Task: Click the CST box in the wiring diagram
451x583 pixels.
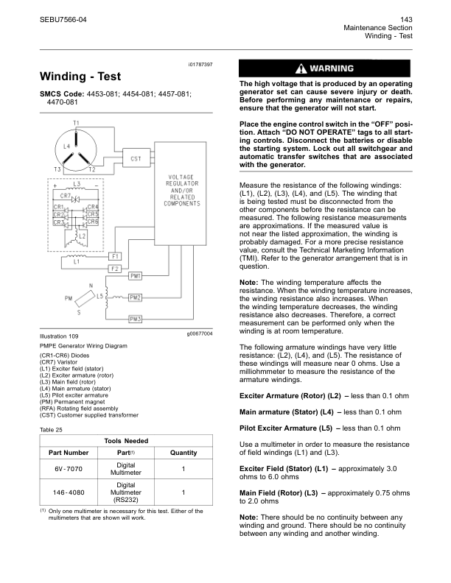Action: point(136,158)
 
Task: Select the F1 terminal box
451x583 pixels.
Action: point(115,255)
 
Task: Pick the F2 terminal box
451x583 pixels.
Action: point(115,269)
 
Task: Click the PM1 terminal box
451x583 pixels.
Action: point(135,276)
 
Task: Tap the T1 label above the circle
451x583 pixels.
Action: point(77,122)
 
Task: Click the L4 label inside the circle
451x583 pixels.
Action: point(66,146)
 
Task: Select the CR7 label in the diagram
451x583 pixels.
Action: point(65,197)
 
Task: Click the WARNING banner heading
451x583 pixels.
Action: point(324,69)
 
